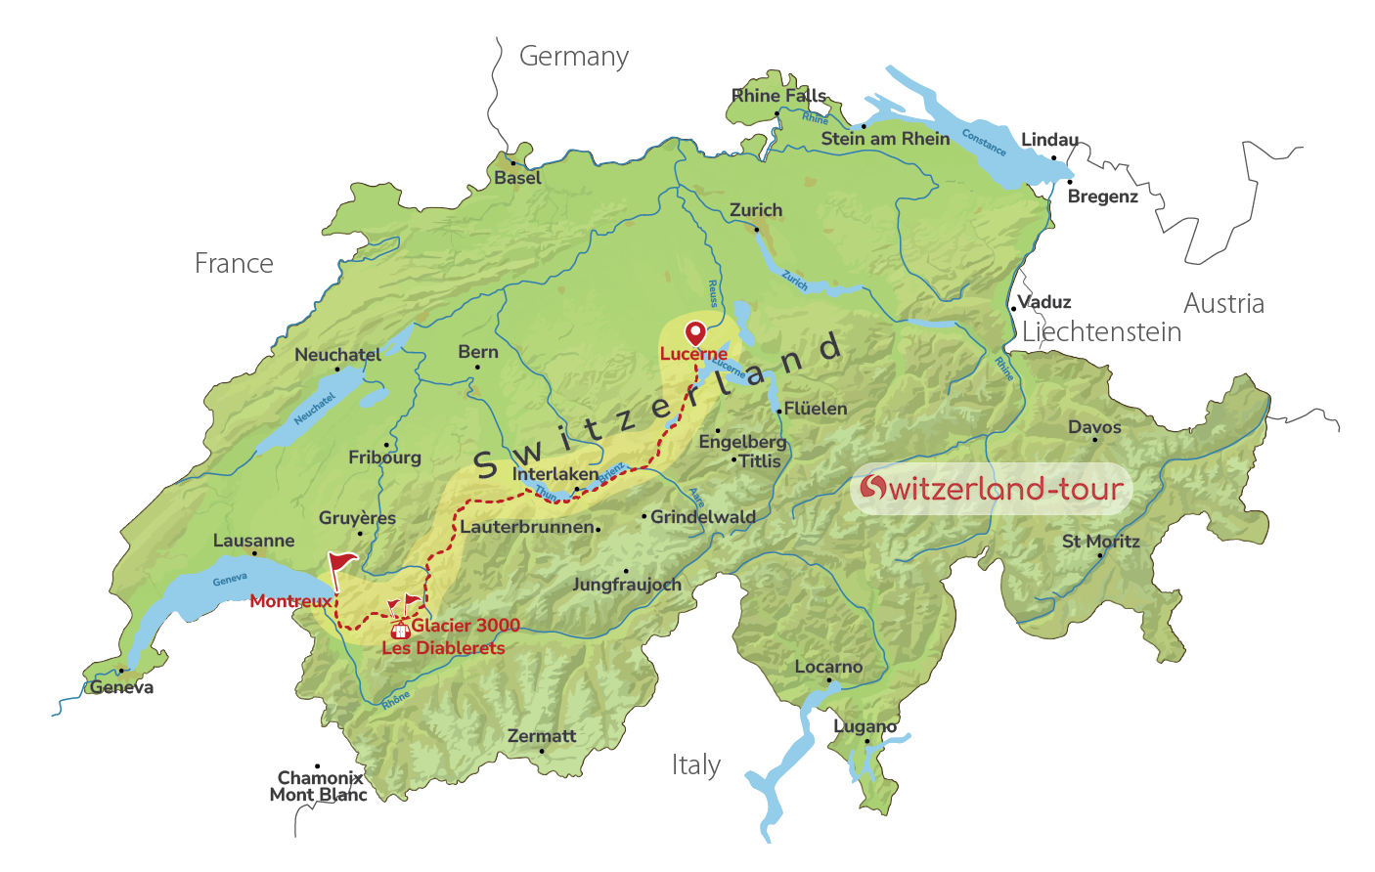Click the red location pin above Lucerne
click(695, 332)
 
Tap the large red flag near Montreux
click(341, 565)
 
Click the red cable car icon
click(399, 631)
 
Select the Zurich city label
click(756, 210)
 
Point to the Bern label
click(478, 352)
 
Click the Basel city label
click(517, 178)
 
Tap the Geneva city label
click(122, 687)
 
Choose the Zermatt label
click(542, 736)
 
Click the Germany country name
click(574, 57)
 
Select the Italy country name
click(696, 764)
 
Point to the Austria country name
click(1223, 303)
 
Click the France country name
click(234, 263)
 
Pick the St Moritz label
click(1101, 542)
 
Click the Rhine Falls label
click(779, 96)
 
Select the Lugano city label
click(865, 726)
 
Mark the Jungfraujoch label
click(627, 585)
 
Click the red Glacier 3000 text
click(466, 626)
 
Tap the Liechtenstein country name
click(1102, 332)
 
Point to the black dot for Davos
click(1095, 440)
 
